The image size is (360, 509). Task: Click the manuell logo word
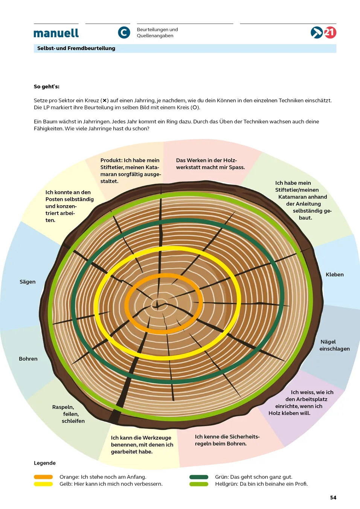56,33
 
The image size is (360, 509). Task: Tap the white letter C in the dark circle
124,33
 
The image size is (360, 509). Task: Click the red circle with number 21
330,33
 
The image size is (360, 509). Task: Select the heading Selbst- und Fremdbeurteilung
76,48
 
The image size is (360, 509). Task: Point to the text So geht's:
47,87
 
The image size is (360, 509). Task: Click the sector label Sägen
27,282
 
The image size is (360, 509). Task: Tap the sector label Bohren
28,359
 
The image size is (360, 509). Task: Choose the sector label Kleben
334,274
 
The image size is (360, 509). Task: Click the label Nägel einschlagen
334,345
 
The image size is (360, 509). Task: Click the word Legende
45,463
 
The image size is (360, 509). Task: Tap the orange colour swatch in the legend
43,477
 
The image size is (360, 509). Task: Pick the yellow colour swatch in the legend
43,484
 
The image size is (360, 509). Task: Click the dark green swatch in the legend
199,477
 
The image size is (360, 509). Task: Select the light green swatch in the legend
199,484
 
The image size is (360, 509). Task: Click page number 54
333,498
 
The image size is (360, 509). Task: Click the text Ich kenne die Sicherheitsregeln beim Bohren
227,440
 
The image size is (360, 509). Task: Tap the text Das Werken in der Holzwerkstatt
210,164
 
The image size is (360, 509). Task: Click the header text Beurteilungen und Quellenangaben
157,33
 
